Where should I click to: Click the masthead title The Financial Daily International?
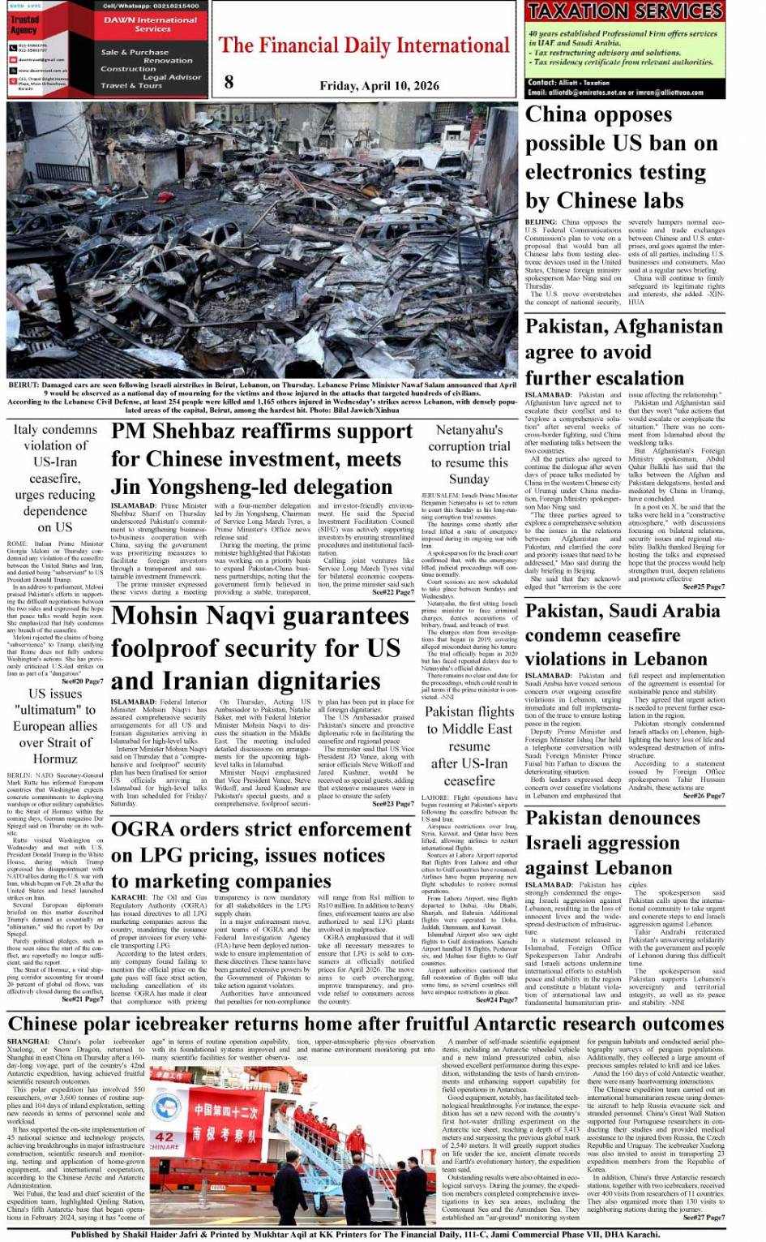pyautogui.click(x=364, y=45)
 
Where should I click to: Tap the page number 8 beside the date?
pyautogui.click(x=229, y=81)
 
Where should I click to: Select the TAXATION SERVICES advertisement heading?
pyautogui.click(x=624, y=11)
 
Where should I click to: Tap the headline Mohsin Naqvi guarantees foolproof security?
pyautogui.click(x=259, y=647)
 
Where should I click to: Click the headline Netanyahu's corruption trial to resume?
pyautogui.click(x=469, y=454)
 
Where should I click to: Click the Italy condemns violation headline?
pyautogui.click(x=55, y=478)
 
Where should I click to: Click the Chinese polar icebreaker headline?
pyautogui.click(x=366, y=1024)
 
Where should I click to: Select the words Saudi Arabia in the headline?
pyautogui.click(x=670, y=610)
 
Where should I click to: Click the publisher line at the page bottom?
pyautogui.click(x=365, y=1234)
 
